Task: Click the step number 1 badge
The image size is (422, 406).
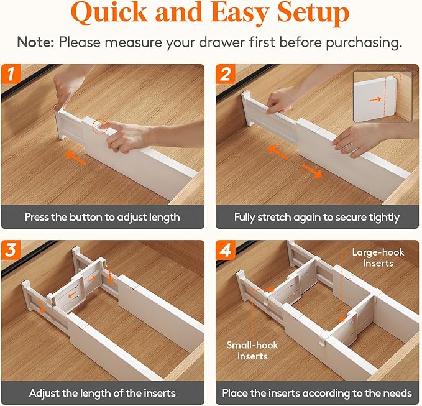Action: tap(11, 74)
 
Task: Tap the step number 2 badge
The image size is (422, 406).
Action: tap(226, 74)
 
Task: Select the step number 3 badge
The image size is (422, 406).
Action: tap(11, 250)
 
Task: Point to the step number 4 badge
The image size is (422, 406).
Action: tap(226, 250)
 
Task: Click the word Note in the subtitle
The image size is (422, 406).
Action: tap(35, 42)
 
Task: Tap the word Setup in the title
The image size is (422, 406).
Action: tap(313, 13)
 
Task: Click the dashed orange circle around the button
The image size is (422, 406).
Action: tap(99, 127)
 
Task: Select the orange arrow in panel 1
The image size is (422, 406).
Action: tap(76, 157)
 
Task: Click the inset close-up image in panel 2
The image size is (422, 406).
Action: tap(382, 96)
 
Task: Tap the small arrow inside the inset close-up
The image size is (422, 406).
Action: tap(375, 99)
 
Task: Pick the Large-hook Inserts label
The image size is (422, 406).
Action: tap(378, 257)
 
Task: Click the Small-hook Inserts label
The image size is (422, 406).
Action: tap(252, 351)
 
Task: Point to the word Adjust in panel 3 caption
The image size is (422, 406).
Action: tap(44, 394)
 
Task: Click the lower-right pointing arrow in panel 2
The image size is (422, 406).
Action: tap(311, 171)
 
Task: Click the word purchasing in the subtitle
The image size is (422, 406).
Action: tap(364, 43)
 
